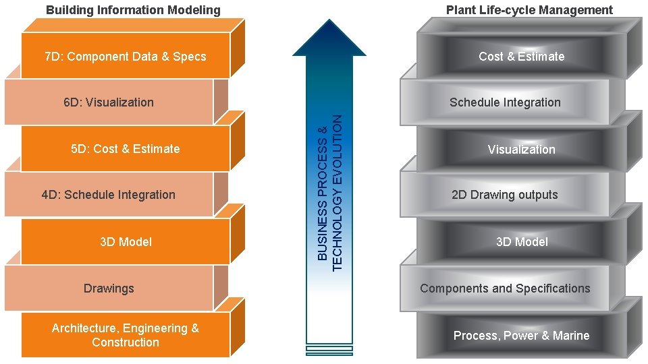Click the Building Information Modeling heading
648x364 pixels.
point(133,10)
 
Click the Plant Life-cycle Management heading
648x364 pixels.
point(529,10)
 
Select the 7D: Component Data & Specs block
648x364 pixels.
point(126,57)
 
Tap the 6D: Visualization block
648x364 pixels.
point(109,102)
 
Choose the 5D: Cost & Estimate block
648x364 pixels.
point(126,149)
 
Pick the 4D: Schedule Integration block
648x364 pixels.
point(109,195)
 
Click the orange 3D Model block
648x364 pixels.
point(126,242)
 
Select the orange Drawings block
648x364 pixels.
point(109,289)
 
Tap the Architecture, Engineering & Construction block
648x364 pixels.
point(126,335)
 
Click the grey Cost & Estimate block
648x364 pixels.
point(521,57)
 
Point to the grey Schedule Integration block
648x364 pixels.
point(505,102)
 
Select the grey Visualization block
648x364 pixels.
point(521,150)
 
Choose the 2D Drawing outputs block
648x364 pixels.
point(505,195)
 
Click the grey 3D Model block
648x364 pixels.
point(521,242)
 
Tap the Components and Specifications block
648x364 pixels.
point(505,289)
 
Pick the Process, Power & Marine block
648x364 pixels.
point(521,336)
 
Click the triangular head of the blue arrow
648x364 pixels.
point(329,40)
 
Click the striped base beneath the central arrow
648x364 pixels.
point(329,350)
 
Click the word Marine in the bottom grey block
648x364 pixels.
point(571,336)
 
